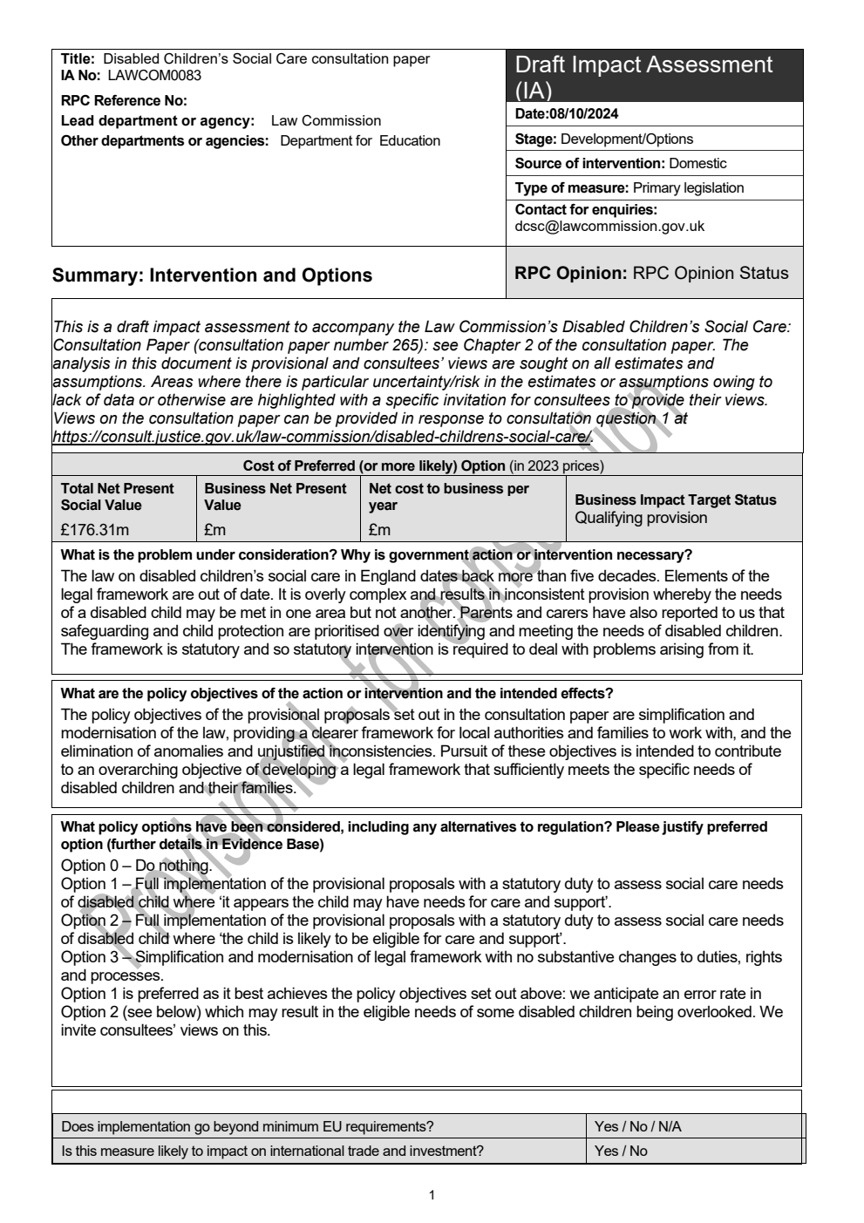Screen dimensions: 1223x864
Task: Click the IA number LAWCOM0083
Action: (154, 76)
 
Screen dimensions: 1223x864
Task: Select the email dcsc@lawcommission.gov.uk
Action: (609, 227)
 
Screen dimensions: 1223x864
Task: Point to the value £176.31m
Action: (94, 530)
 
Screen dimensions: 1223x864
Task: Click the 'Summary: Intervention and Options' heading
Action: (212, 275)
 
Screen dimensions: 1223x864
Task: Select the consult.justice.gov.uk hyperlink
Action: (323, 437)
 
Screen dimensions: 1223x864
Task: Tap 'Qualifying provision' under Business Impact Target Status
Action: (641, 518)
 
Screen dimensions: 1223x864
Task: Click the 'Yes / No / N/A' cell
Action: (637, 1126)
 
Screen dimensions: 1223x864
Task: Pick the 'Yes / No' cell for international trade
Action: (621, 1151)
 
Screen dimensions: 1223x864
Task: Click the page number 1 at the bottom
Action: (432, 1195)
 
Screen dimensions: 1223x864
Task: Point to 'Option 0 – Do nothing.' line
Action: (136, 866)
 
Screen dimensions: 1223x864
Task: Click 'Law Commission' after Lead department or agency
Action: (325, 121)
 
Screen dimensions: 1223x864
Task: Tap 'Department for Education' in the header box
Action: (360, 141)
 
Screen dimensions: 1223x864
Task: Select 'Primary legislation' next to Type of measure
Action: (688, 187)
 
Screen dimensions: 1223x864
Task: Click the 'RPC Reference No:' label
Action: (124, 101)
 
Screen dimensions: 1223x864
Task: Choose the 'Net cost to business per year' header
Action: (448, 497)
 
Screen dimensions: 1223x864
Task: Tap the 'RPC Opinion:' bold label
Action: (571, 273)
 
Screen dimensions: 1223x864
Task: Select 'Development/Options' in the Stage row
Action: (627, 139)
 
